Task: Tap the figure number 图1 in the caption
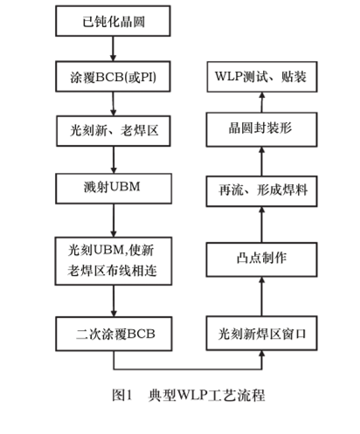tap(121, 394)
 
